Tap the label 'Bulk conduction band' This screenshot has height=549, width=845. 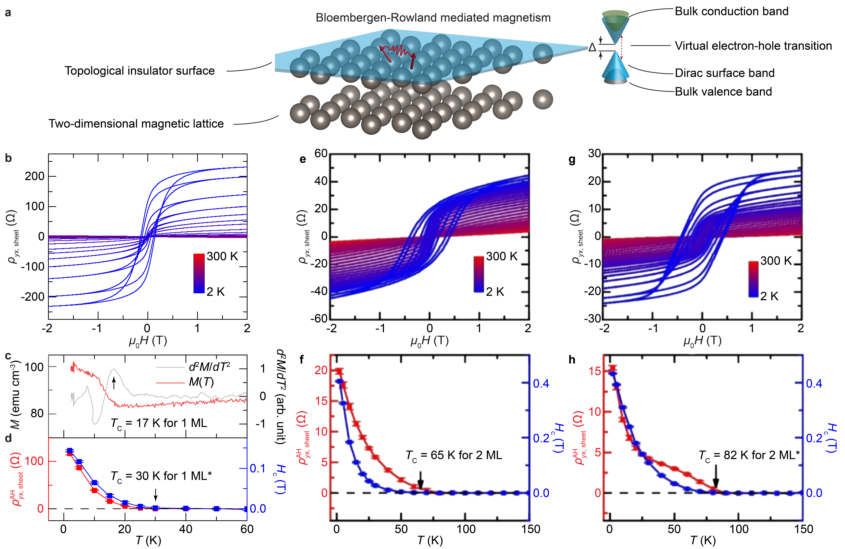731,11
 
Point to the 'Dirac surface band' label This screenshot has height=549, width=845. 724,73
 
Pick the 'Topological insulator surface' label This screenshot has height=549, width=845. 140,71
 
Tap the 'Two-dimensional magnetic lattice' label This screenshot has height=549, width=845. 136,124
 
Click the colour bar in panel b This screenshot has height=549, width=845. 199,273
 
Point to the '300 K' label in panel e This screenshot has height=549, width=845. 502,256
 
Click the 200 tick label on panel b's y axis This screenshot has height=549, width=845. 34,176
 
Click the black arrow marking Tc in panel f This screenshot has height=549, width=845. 420,480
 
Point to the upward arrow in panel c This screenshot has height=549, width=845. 114,383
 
